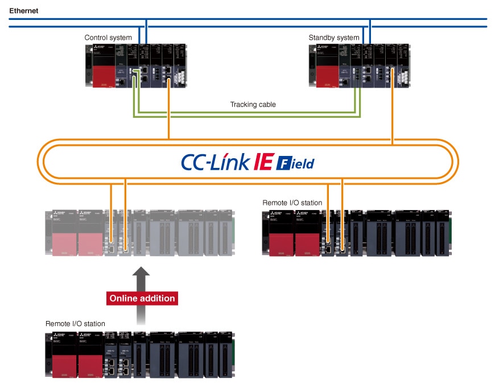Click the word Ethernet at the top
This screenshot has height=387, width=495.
[x=23, y=10]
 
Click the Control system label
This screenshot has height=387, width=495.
[x=108, y=38]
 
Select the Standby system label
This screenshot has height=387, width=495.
[x=334, y=38]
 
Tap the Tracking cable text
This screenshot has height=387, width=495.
[x=253, y=105]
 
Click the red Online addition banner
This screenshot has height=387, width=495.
[x=142, y=298]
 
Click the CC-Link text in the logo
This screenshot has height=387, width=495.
[x=214, y=163]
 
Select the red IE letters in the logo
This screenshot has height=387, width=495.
[x=263, y=163]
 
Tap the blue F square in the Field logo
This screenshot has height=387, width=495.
[x=283, y=164]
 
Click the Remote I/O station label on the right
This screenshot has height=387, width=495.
[x=292, y=203]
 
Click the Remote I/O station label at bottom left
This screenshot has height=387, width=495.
[x=75, y=324]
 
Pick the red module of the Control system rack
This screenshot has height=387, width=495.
[x=103, y=77]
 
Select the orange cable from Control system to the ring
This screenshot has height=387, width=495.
[x=169, y=114]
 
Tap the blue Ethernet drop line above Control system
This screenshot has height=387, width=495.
[x=146, y=31]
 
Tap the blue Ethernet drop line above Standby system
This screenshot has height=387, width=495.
[x=370, y=31]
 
